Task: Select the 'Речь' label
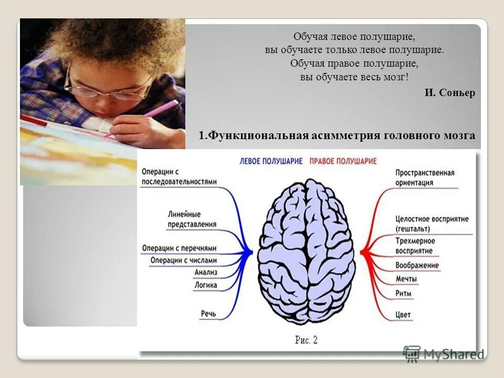(208, 313)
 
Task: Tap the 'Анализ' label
(205, 272)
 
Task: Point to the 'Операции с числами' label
(183, 260)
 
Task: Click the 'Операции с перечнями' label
(178, 248)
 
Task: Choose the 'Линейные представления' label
(192, 219)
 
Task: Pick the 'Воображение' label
(417, 265)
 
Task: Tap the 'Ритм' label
(404, 293)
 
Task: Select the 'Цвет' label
(403, 314)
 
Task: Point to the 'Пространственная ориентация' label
(424, 177)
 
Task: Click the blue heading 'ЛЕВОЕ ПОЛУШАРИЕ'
(271, 161)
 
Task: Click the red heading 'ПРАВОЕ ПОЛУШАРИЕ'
(343, 161)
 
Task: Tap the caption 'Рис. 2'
(307, 340)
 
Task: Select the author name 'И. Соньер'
(450, 93)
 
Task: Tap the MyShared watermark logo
(444, 354)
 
